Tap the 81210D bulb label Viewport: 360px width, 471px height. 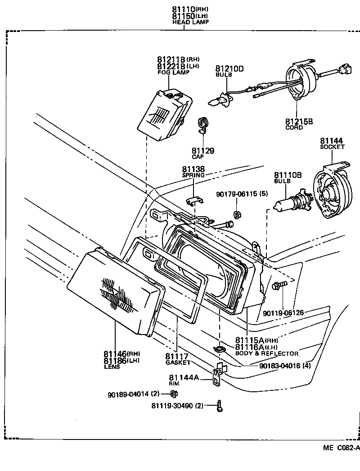[229, 69]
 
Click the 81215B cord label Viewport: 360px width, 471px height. [298, 121]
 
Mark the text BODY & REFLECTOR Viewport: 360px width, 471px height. [267, 353]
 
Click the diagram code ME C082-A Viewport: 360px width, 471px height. [341, 448]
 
